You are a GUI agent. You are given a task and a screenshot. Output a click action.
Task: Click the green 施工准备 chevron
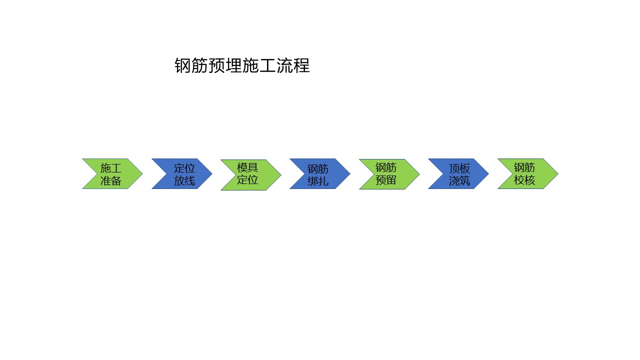click(114, 173)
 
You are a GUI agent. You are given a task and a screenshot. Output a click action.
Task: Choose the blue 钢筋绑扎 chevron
click(322, 173)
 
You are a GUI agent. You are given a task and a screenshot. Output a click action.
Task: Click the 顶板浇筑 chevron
click(460, 173)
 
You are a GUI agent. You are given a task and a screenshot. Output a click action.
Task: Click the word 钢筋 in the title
click(191, 65)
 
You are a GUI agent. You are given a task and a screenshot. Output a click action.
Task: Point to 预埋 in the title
click(225, 65)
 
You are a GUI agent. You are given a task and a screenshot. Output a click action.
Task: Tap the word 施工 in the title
click(259, 65)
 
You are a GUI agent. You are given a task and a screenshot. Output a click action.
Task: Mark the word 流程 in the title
click(293, 65)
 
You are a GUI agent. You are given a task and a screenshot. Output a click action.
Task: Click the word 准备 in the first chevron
click(111, 180)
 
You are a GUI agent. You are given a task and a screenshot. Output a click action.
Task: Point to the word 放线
click(184, 180)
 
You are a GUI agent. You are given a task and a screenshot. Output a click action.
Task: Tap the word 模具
click(247, 167)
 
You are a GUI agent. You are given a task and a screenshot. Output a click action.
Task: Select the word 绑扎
click(318, 181)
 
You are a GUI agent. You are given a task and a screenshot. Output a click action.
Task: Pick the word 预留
click(385, 180)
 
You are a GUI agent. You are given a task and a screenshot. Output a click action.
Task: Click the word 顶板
click(459, 168)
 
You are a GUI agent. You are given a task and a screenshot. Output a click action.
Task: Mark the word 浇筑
click(459, 180)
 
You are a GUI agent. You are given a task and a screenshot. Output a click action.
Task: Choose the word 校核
click(524, 180)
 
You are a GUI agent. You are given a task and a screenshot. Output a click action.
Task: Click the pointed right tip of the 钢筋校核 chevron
click(558, 173)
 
